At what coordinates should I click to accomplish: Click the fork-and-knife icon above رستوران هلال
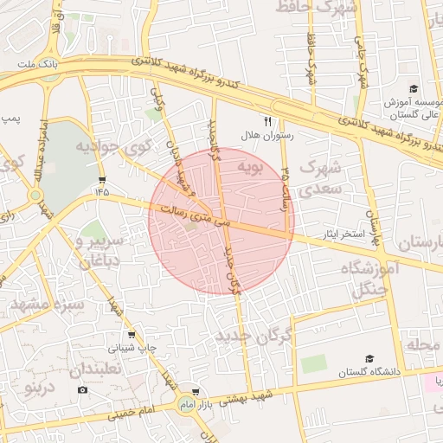[x=267, y=121]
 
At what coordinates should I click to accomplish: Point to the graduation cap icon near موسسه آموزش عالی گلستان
[x=413, y=89]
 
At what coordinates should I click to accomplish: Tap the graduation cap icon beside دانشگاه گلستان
[x=369, y=358]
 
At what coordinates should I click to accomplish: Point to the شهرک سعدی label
[x=320, y=176]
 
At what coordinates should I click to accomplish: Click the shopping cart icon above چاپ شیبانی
[x=131, y=334]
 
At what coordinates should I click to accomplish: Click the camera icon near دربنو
[x=82, y=390]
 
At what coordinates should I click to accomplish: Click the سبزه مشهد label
[x=48, y=305]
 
